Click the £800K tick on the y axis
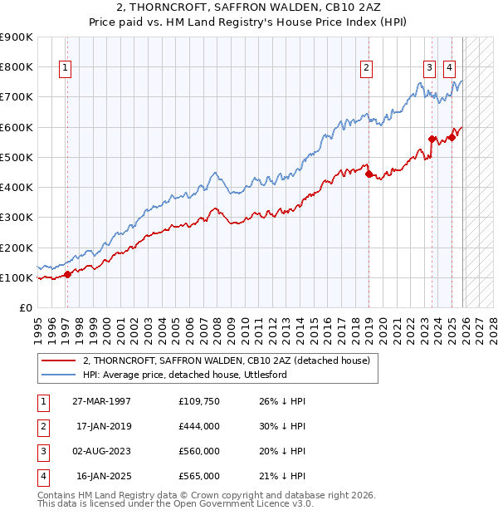[17, 66]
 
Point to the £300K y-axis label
[17, 218]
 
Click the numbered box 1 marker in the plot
[65, 69]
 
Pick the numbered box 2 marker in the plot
[366, 69]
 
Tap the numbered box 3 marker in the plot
[429, 69]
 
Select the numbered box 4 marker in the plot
[449, 69]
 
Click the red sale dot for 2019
[369, 174]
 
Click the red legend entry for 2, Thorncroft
[231, 360]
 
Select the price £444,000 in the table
[198, 426]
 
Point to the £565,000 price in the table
[198, 476]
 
